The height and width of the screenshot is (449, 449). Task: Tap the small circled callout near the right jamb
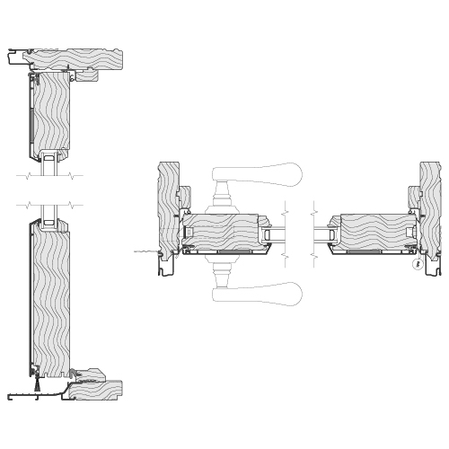tap(416, 264)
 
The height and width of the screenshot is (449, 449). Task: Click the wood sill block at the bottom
tap(99, 388)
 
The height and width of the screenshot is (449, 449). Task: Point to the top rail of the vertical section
tap(52, 112)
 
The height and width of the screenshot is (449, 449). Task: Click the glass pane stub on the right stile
tap(319, 235)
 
